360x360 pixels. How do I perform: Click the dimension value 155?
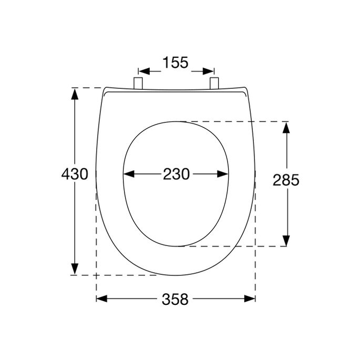176,63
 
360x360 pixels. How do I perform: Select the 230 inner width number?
176,174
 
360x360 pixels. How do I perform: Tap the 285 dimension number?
286,180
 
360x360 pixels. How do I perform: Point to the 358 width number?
176,299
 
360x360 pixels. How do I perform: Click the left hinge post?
139,83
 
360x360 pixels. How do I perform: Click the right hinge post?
214,83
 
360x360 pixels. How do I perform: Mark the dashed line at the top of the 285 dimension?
236,121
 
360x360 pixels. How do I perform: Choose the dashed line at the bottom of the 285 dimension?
236,246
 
